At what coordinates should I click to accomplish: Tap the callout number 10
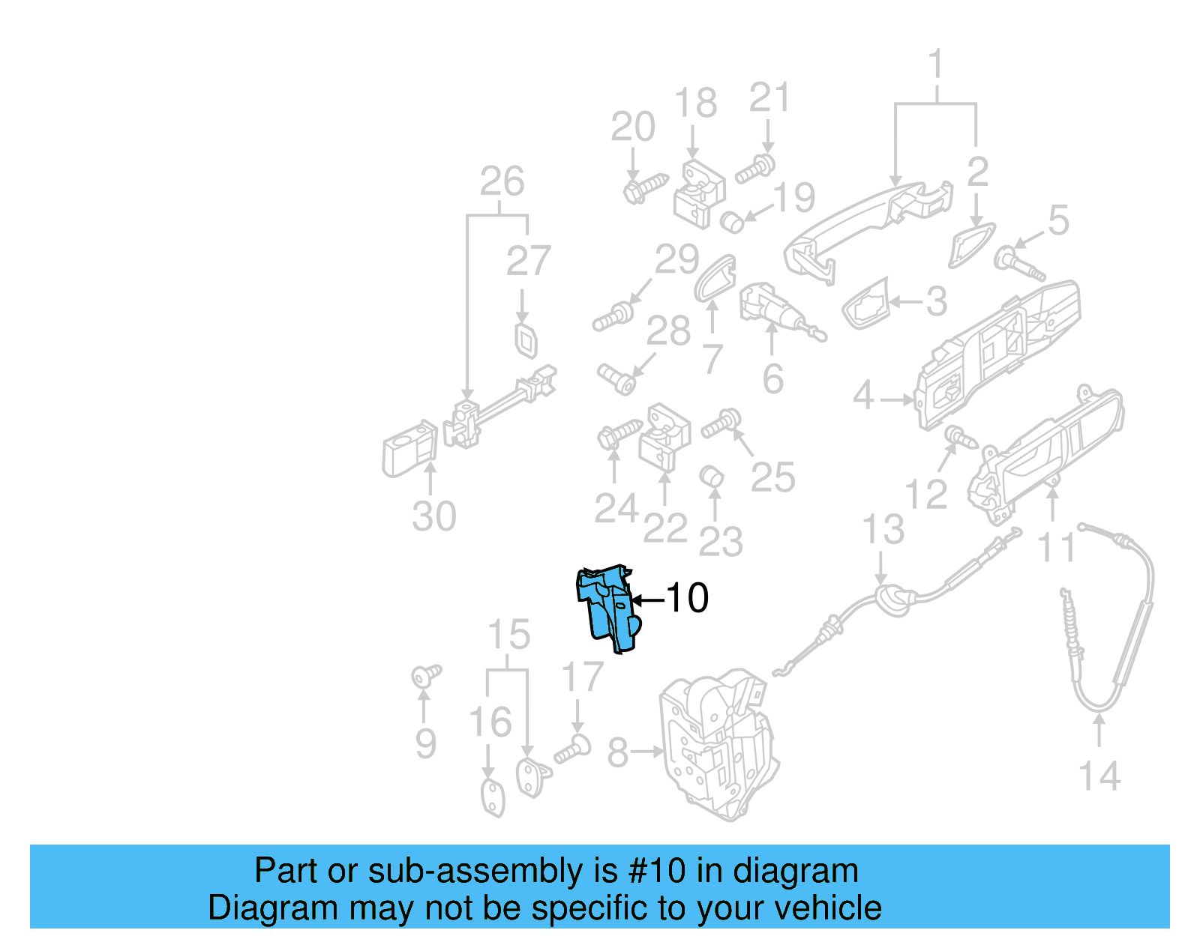pos(687,598)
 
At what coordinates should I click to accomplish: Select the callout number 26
pos(502,181)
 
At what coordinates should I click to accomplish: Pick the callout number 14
pos(1099,776)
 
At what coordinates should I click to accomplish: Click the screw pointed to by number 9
pos(426,676)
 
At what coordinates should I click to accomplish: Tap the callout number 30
pos(433,516)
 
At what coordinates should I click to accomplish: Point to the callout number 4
pos(863,395)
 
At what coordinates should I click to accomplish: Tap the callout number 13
pos(883,530)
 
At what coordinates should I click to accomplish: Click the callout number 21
pos(769,98)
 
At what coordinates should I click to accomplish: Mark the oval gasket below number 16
pos(492,797)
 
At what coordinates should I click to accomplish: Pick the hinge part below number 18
pos(699,193)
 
